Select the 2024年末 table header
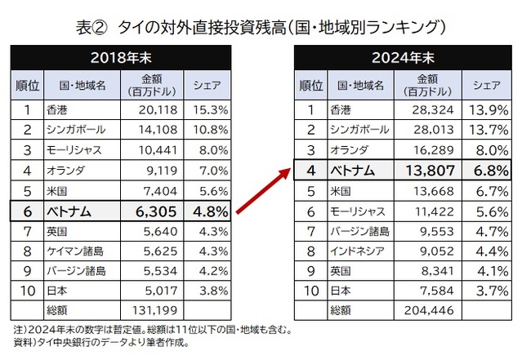403,58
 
